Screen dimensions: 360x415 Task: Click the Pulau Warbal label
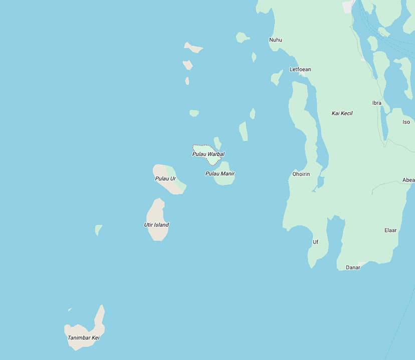tap(208, 154)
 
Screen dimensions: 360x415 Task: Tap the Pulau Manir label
tap(220, 174)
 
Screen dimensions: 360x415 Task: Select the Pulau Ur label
tap(165, 179)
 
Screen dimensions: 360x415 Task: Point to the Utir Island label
tap(156, 225)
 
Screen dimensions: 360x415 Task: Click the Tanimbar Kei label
tap(84, 337)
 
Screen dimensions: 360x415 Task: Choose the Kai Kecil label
tap(342, 113)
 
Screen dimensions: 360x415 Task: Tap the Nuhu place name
tap(276, 40)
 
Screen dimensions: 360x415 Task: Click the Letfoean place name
tap(300, 70)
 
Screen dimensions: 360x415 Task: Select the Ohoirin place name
tap(301, 174)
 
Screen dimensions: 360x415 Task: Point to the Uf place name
tap(315, 242)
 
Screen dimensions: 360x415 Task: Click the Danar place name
tap(353, 267)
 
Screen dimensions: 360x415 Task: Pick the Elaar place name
tap(390, 230)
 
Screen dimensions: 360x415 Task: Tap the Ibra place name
tap(376, 103)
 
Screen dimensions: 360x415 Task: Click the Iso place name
tap(406, 122)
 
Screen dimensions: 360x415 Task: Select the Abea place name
tap(408, 180)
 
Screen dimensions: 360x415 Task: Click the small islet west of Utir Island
tap(98, 229)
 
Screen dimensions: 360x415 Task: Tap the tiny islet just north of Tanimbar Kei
tap(70, 309)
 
